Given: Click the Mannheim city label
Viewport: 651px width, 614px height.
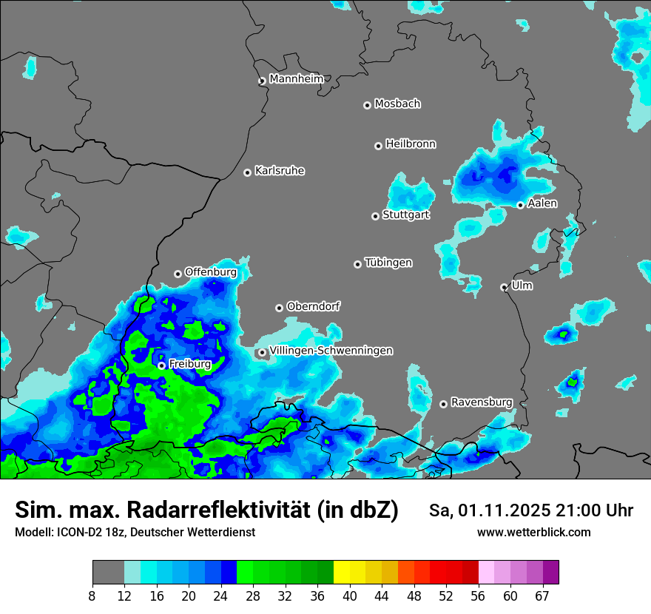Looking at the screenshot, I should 296,78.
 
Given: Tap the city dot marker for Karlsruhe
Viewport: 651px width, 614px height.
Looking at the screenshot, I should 248,172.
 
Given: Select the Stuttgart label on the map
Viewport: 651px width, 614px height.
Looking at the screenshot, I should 405,215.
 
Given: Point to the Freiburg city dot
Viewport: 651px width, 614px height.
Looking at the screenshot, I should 161,365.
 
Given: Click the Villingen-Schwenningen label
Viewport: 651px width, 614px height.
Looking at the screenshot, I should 331,351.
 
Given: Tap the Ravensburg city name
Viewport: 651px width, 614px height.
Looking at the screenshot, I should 482,402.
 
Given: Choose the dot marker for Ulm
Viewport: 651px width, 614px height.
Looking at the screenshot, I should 504,287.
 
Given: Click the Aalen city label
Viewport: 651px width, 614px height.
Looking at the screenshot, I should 542,203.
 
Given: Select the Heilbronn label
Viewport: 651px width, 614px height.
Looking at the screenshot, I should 411,144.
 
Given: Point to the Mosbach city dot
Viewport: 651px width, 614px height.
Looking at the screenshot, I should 367,105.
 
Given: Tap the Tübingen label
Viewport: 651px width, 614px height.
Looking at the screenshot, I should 388,263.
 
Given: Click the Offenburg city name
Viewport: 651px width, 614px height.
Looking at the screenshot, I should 211,272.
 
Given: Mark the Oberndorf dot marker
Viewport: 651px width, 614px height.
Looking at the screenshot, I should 279,308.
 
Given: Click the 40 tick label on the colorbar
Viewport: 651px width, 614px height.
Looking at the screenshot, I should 349,596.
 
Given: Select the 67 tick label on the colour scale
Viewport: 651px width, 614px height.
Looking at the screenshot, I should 542,596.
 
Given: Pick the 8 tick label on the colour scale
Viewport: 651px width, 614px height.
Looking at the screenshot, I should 92,596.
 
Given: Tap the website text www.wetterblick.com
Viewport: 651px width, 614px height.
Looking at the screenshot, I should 534,533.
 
